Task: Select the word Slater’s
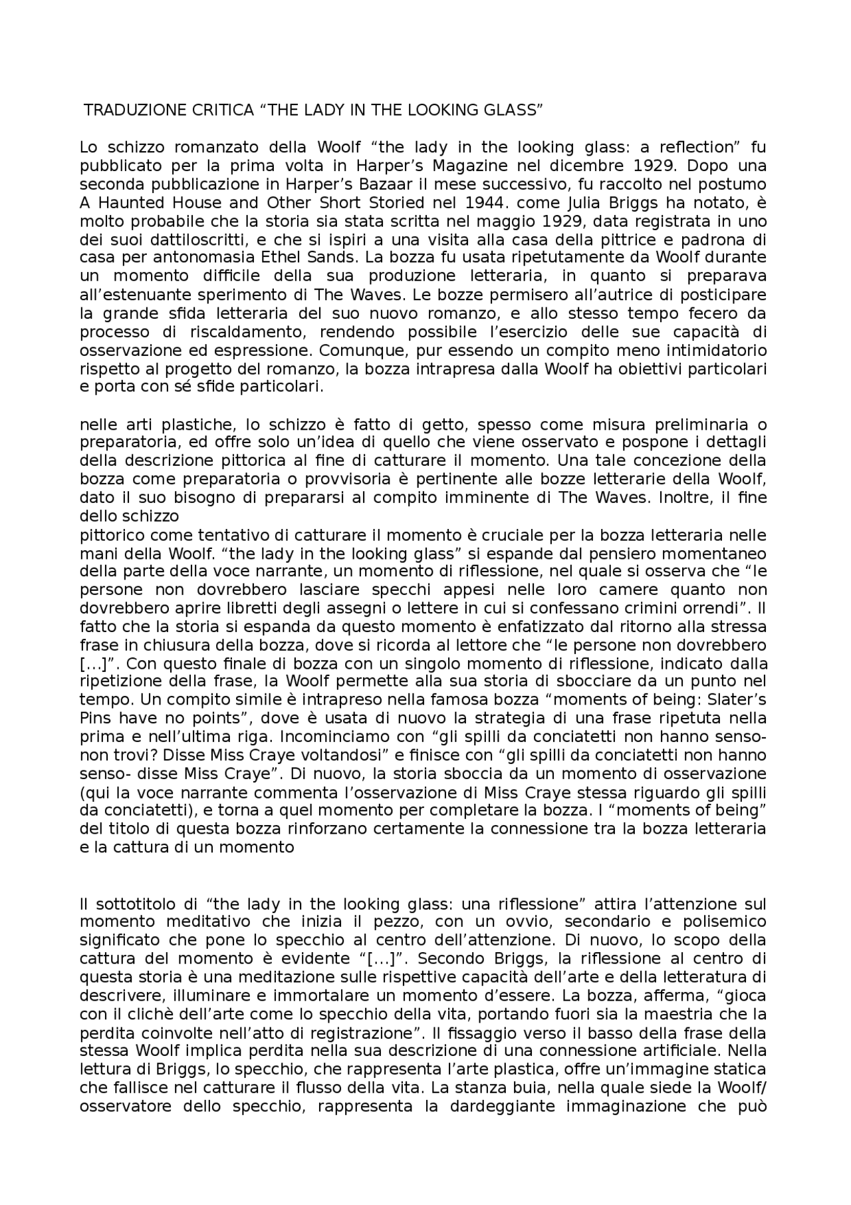pos(738,699)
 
